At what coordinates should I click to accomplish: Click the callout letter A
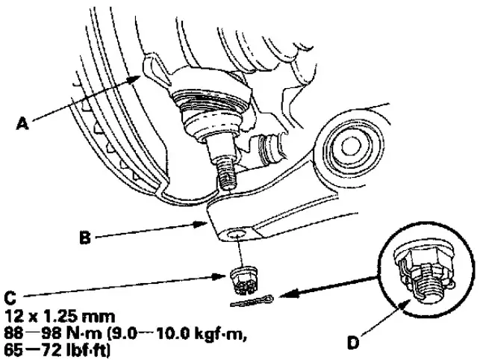click(22, 123)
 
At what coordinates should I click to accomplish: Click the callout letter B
click(85, 238)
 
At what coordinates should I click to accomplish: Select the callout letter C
click(10, 297)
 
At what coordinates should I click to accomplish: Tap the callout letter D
click(353, 342)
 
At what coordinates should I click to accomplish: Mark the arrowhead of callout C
click(222, 276)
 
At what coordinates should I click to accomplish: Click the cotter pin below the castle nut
click(252, 301)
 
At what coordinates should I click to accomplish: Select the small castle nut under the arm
click(243, 279)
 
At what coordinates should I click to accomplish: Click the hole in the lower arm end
click(237, 235)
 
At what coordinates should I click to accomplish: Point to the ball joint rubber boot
click(211, 111)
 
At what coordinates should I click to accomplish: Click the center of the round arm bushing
click(349, 146)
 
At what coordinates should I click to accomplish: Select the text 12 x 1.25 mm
click(60, 316)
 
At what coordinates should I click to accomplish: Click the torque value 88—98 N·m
click(53, 333)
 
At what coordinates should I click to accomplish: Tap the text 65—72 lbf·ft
click(57, 350)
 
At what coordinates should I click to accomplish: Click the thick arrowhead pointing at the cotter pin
click(290, 295)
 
